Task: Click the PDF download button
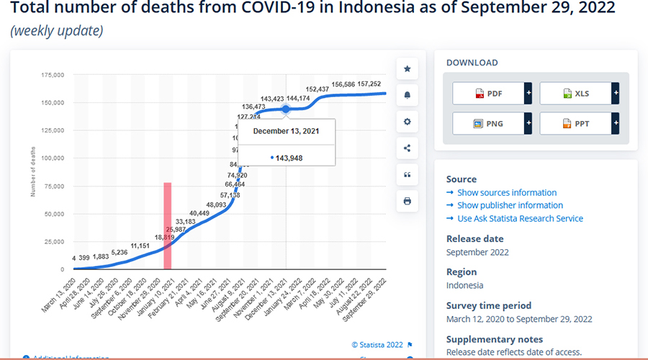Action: coord(488,94)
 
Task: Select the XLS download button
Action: coord(575,94)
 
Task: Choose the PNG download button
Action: coord(488,123)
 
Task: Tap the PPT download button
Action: coord(575,123)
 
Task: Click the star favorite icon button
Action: coord(407,69)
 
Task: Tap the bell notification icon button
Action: coord(407,95)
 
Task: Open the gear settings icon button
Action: coord(407,122)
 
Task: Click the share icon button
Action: coord(407,148)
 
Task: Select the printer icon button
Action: coord(407,201)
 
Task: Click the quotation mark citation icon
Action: coord(407,174)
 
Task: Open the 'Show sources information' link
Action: coord(507,193)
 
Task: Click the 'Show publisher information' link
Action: coord(510,205)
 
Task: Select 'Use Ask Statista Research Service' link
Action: coord(520,218)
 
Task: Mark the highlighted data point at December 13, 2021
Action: coord(286,109)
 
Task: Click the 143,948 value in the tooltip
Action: coord(289,157)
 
